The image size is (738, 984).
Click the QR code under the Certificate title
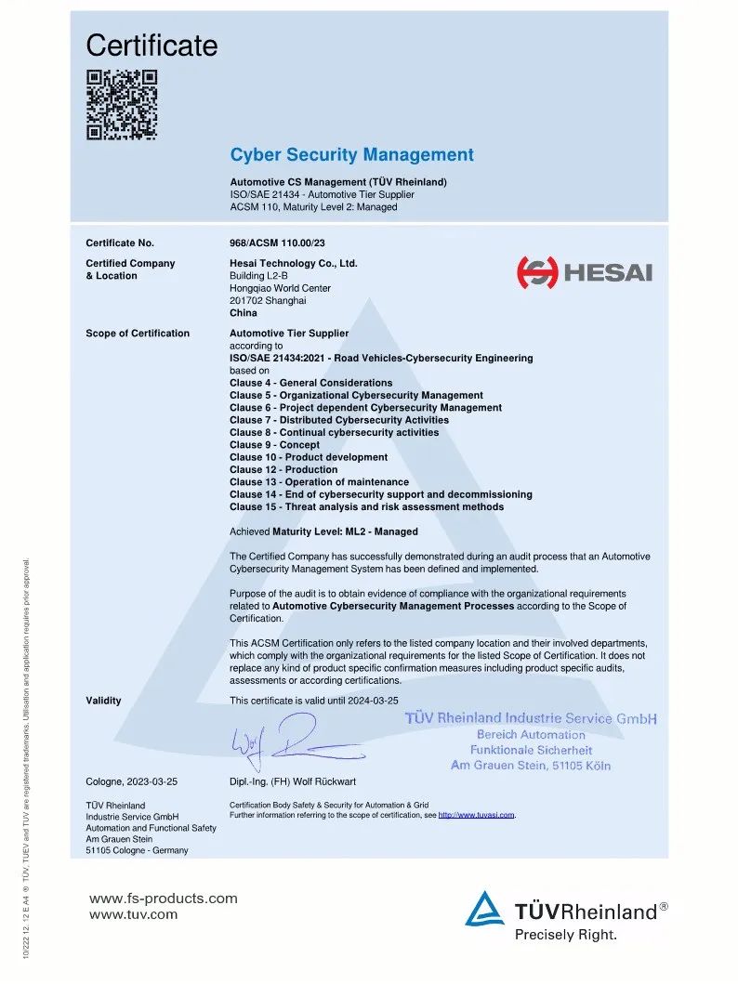pos(122,104)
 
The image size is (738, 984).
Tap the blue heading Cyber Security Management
pos(351,155)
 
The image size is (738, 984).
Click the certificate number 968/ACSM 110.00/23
pos(277,243)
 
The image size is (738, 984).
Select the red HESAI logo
pos(585,272)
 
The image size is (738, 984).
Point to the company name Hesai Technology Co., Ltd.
pos(294,264)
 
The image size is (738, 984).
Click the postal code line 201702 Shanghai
pos(268,301)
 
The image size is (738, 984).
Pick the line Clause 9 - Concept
pos(274,445)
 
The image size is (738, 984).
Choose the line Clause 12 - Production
pos(283,470)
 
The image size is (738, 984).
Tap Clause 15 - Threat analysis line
pos(366,507)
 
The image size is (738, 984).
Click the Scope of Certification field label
pos(138,334)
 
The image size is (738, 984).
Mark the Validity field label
pos(103,701)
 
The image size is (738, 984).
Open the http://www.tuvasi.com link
pos(476,815)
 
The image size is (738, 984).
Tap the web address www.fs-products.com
pos(163,899)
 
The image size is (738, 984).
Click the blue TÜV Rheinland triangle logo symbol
pos(485,910)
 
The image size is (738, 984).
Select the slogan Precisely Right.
pos(565,935)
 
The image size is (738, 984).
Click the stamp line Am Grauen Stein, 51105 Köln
pos(531,766)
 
